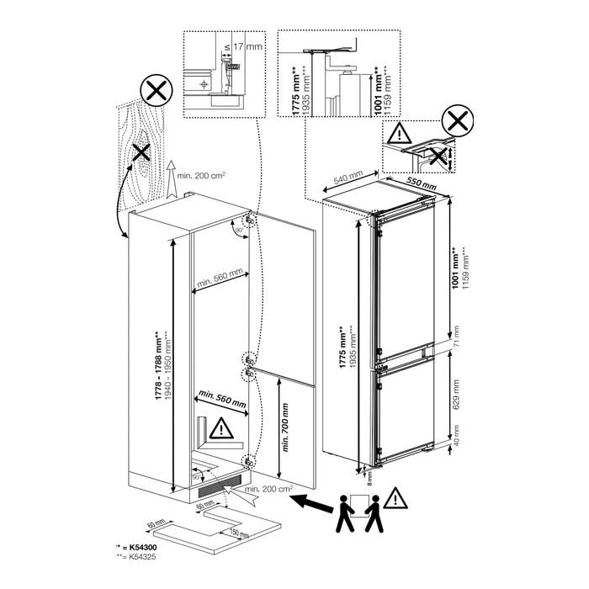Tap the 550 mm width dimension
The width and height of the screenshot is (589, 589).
(420, 183)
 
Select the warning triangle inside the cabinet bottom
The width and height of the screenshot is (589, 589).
(220, 429)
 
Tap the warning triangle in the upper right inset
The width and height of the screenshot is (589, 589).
(398, 131)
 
